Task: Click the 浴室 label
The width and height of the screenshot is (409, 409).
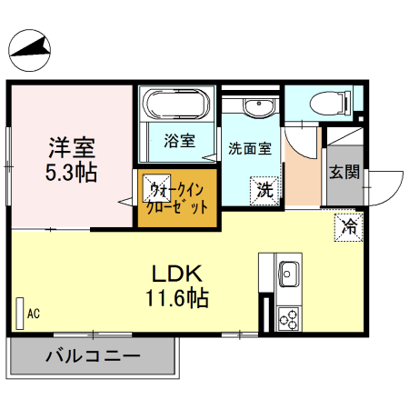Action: [x=179, y=141]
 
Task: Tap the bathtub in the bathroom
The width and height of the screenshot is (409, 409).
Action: [x=177, y=102]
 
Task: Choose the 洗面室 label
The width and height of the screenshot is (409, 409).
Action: [x=249, y=147]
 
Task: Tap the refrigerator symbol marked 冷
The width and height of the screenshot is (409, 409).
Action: [x=348, y=226]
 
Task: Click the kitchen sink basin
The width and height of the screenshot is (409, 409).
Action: [x=291, y=273]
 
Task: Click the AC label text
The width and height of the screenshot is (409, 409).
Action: [x=34, y=314]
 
